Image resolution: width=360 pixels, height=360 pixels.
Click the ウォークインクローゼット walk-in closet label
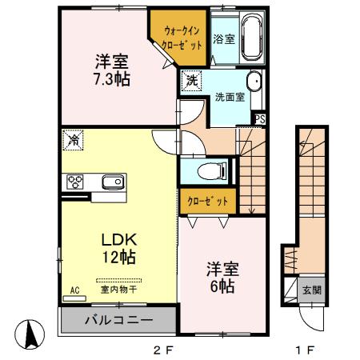182,38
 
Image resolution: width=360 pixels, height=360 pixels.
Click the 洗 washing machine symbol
191,79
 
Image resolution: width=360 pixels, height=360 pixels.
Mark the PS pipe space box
259,119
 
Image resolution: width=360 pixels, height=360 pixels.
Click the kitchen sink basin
113,182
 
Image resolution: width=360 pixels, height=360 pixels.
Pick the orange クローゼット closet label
207,201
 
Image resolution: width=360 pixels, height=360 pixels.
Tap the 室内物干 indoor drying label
118,290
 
